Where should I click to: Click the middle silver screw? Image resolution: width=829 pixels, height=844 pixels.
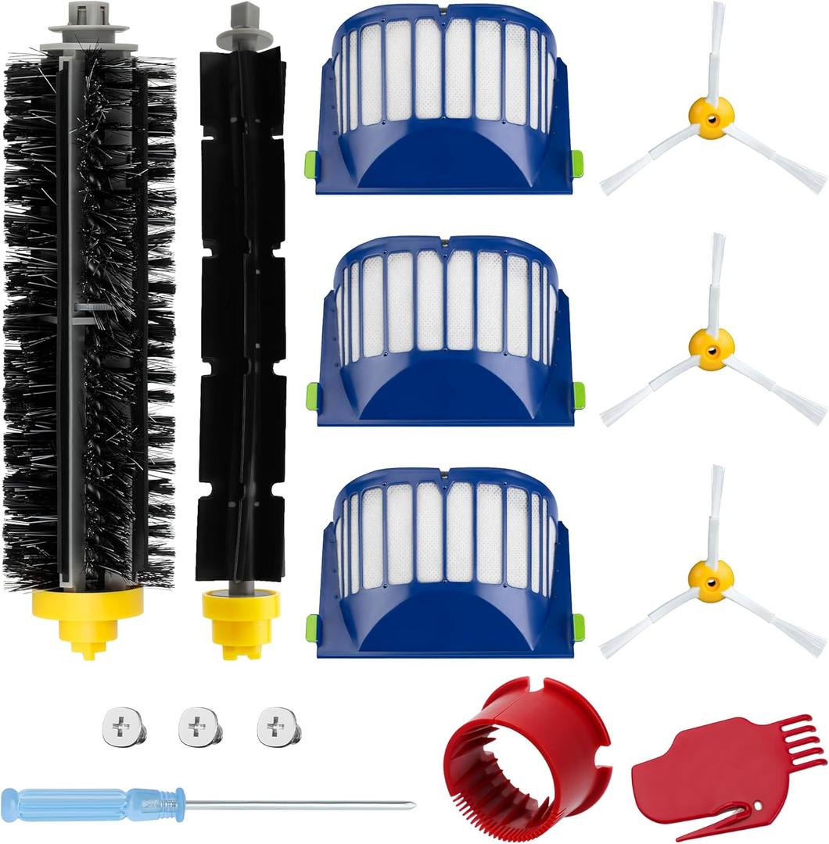coord(199,727)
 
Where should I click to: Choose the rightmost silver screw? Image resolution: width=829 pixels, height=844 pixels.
coord(278,726)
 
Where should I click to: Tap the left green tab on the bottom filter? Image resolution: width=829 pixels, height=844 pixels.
coord(312,626)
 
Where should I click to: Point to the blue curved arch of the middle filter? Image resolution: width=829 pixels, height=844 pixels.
coord(446,391)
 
